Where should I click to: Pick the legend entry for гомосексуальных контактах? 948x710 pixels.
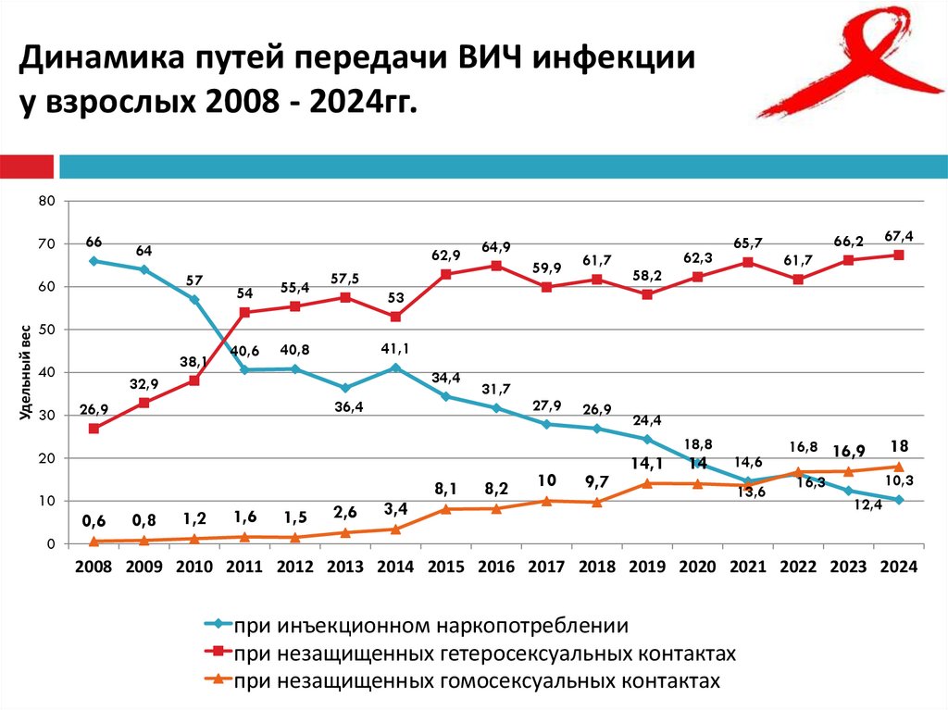click(x=476, y=681)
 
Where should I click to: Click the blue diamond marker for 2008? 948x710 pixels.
click(x=94, y=261)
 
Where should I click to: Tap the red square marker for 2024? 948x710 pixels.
click(x=899, y=255)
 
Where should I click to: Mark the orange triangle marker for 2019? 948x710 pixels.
click(x=646, y=483)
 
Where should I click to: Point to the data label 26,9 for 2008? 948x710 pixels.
click(x=94, y=408)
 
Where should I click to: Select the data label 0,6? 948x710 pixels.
click(x=94, y=520)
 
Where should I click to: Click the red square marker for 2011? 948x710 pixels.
click(x=244, y=313)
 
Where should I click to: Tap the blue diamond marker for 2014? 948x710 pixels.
click(x=395, y=368)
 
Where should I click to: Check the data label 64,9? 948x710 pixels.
click(x=496, y=246)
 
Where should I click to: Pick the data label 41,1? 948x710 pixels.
click(x=395, y=348)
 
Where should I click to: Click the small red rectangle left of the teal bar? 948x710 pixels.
click(x=27, y=167)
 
